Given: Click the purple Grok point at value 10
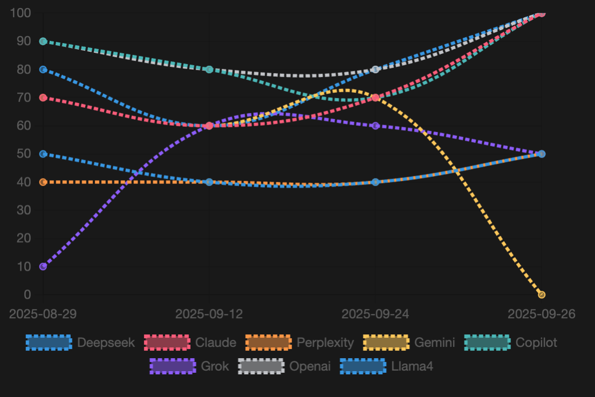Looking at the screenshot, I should pyautogui.click(x=43, y=266).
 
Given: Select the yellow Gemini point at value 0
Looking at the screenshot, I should pyautogui.click(x=542, y=295).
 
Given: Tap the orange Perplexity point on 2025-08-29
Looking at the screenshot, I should pyautogui.click(x=43, y=182).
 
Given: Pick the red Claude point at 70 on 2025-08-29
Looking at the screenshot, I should pyautogui.click(x=43, y=98).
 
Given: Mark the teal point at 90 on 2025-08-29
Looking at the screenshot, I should pyautogui.click(x=43, y=42).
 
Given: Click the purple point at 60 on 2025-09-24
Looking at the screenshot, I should pyautogui.click(x=376, y=126).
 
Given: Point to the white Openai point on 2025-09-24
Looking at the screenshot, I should pyautogui.click(x=376, y=70).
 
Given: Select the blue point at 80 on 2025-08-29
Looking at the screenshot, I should pyautogui.click(x=43, y=70).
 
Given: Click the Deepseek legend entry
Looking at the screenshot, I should pyautogui.click(x=80, y=343).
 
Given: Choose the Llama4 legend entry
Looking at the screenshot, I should pyautogui.click(x=387, y=366).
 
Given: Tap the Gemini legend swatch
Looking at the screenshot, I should pyautogui.click(x=386, y=343).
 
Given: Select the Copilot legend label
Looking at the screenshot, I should pyautogui.click(x=536, y=343).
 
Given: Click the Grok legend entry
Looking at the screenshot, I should pyautogui.click(x=190, y=366).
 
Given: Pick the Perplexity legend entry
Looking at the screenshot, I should pyautogui.click(x=300, y=343).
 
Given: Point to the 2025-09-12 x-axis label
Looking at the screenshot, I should pyautogui.click(x=209, y=314).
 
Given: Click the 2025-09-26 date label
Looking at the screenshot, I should pyautogui.click(x=542, y=314).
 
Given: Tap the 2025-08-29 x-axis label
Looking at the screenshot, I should pyautogui.click(x=43, y=314).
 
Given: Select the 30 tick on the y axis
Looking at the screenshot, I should pyautogui.click(x=24, y=210).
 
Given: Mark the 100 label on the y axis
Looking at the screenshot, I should pyautogui.click(x=21, y=13).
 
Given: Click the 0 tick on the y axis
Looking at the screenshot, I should pyautogui.click(x=27, y=295).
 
